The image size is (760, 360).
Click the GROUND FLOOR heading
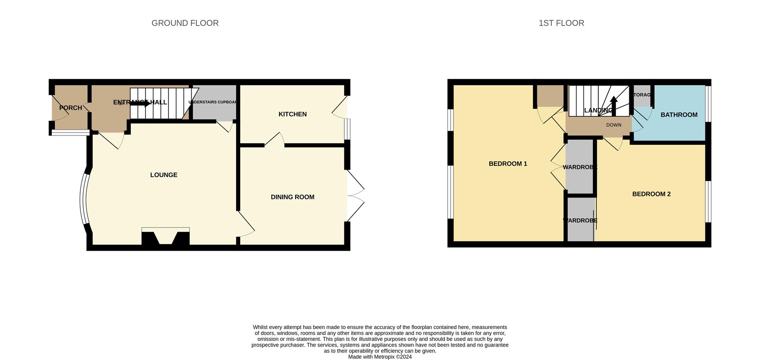coord(185,23)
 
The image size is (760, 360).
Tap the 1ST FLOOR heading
coord(561,23)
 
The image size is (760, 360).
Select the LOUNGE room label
coord(163,175)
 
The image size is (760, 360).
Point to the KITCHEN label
coord(293,114)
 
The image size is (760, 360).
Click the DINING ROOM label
coord(293,197)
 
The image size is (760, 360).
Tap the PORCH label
coord(70,108)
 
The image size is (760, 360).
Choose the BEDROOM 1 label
coord(508,164)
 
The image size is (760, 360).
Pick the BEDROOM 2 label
coord(651,194)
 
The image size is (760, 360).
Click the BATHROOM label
coord(679,115)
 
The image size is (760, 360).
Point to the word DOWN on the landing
coord(614,125)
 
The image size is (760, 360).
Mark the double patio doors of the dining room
coord(355,196)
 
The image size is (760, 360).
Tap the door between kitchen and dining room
coord(274,140)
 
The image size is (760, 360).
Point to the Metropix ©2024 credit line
coord(380,357)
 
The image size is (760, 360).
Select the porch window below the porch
coord(70,133)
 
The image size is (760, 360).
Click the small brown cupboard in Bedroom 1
coord(550,96)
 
